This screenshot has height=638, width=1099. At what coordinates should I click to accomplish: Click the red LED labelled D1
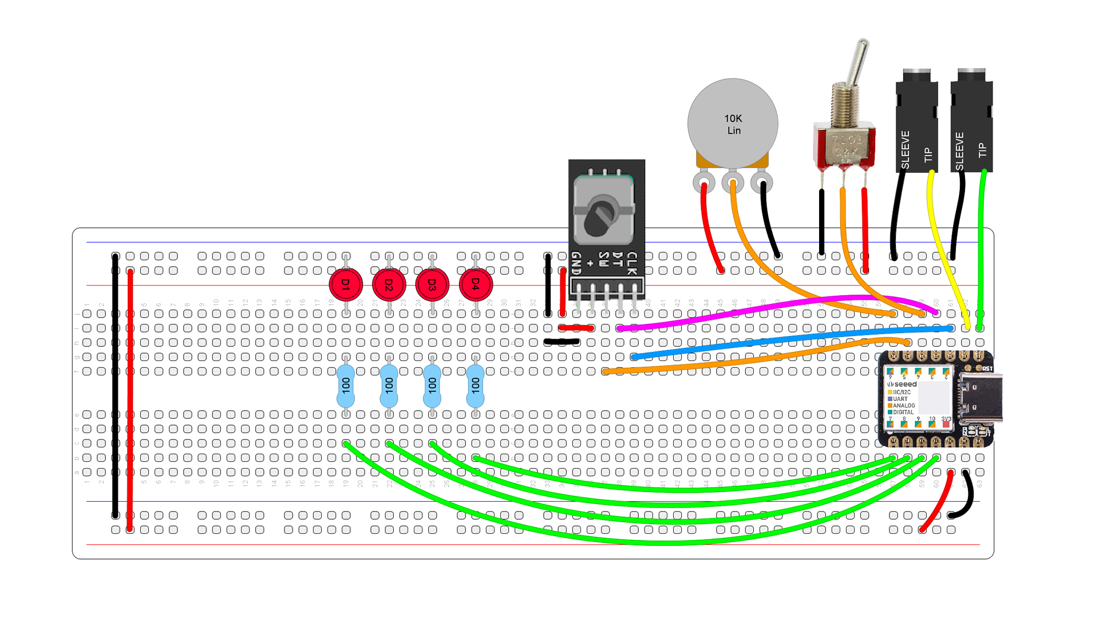pos(346,284)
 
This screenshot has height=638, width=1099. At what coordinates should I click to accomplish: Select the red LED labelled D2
pos(389,284)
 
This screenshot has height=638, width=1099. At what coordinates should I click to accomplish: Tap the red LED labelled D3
pos(432,284)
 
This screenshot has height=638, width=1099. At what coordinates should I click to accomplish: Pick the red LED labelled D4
pos(476,284)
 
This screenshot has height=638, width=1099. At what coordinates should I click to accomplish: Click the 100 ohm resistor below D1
pos(346,386)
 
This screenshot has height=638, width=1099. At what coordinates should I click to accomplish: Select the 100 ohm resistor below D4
pos(475,386)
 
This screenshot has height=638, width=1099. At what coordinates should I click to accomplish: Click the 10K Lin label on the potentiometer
pos(733,124)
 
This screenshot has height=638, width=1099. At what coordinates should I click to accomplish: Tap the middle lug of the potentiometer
pos(733,184)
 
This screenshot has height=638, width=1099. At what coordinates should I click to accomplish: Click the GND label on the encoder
pos(576,263)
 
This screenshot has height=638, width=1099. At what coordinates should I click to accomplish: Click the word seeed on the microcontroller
pos(905,385)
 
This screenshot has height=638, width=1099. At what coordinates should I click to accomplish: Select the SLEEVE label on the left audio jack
pos(905,150)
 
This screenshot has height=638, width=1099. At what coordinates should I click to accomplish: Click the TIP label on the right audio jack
pos(983,150)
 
